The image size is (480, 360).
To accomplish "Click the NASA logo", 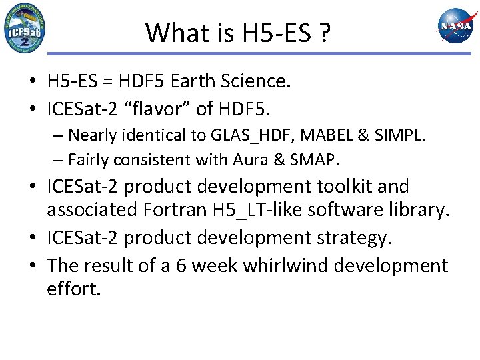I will (x=455, y=27).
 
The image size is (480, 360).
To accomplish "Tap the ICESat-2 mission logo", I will (x=25, y=28).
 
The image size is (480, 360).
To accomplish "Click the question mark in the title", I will (x=324, y=32).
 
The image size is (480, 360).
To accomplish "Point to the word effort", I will (x=73, y=289).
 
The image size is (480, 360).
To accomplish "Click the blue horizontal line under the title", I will (x=267, y=53).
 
